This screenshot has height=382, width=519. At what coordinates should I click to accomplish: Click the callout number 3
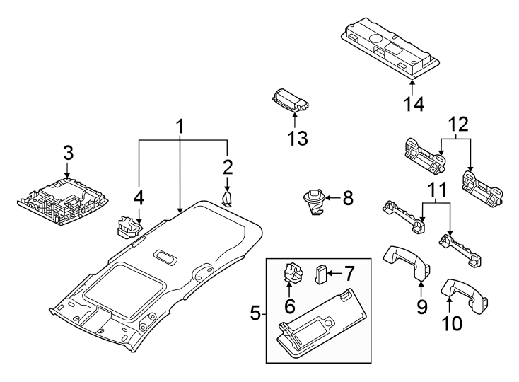pos(67,152)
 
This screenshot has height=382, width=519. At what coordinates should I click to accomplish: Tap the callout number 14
pos(414,105)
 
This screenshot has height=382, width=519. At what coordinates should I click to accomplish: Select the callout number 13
pos(297,138)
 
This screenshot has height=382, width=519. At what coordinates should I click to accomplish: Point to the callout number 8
pos(347,199)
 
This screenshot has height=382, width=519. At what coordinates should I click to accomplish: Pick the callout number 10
pos(451,323)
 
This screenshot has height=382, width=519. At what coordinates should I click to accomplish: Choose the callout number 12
pos(458,126)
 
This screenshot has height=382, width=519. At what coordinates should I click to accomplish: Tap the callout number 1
pos(180,127)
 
